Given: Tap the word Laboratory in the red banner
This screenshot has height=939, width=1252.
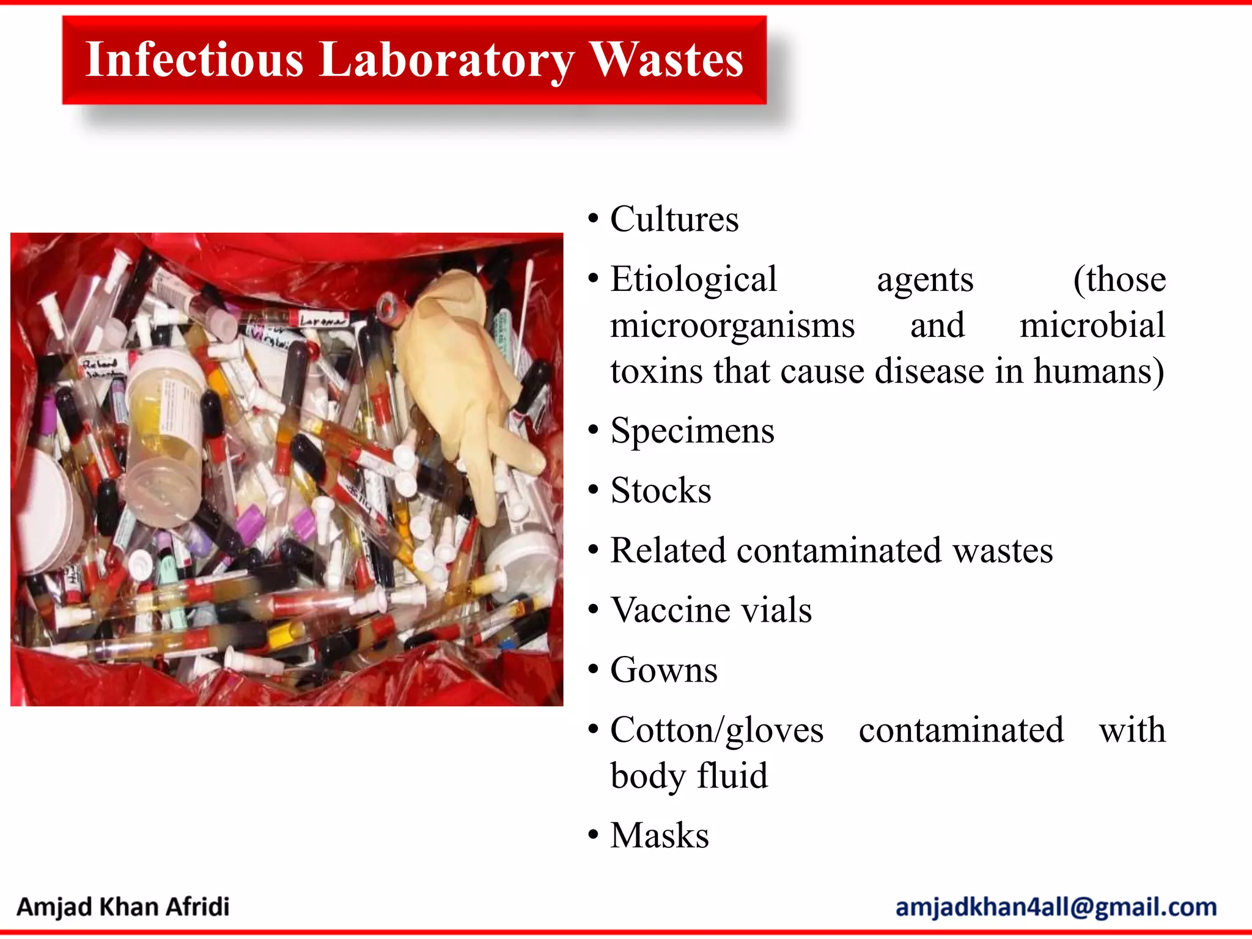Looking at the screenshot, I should pyautogui.click(x=446, y=60).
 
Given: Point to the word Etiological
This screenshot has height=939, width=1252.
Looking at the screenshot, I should pyautogui.click(x=693, y=279).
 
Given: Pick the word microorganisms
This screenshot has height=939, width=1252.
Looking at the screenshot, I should pyautogui.click(x=732, y=325).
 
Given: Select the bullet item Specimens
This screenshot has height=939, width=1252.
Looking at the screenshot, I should pyautogui.click(x=692, y=430).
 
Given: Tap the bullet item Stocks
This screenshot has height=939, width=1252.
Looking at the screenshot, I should pyautogui.click(x=661, y=490).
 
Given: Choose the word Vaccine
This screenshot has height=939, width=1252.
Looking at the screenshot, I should pyautogui.click(x=667, y=610).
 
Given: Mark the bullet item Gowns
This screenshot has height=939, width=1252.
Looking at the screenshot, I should pyautogui.click(x=664, y=670).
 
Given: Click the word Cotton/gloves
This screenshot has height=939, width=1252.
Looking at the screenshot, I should pyautogui.click(x=716, y=730).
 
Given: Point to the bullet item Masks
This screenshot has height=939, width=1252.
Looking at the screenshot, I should pyautogui.click(x=660, y=835).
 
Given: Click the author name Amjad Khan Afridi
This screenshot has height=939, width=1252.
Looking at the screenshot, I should pyautogui.click(x=123, y=907).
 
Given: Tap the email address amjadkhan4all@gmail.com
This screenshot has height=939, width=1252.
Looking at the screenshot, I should pyautogui.click(x=1056, y=907).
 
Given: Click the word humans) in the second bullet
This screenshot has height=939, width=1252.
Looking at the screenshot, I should pyautogui.click(x=1099, y=370).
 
